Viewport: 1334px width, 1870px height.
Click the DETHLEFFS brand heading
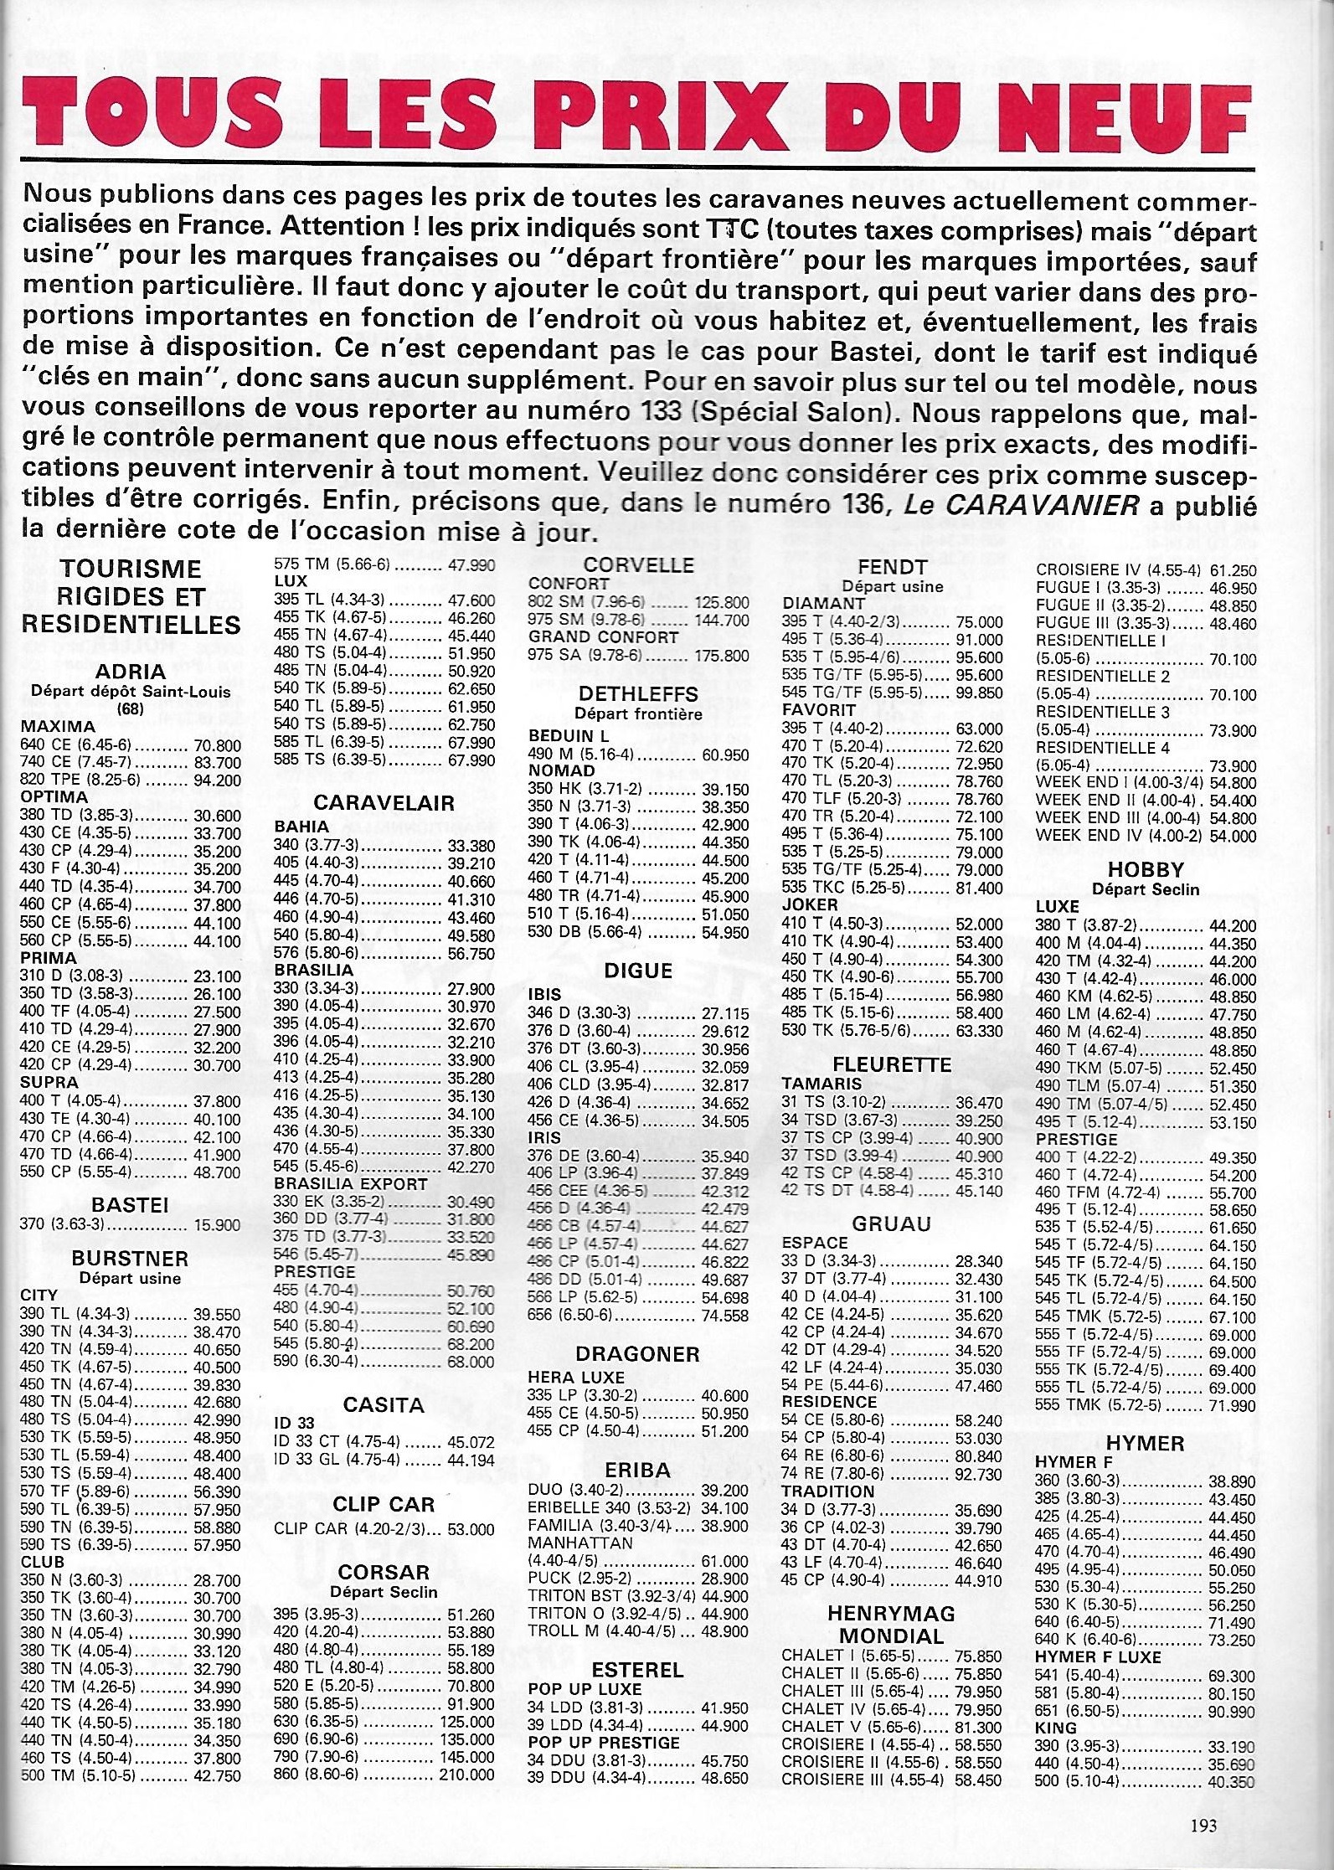[x=638, y=694]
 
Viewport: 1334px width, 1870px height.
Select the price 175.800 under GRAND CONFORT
[x=722, y=656]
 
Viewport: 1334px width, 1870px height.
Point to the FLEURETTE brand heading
[x=892, y=1064]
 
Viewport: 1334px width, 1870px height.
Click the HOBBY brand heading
[x=1146, y=869]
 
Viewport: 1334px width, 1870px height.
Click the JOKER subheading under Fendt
[x=810, y=904]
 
